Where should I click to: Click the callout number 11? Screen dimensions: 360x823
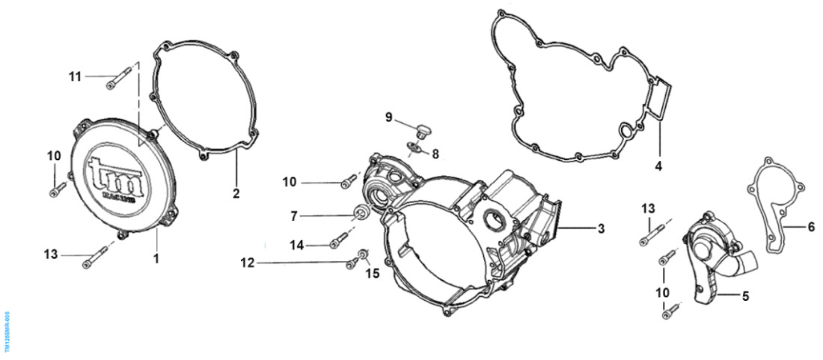point(74,76)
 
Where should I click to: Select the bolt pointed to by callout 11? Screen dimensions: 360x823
point(120,77)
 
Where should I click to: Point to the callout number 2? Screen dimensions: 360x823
point(236,194)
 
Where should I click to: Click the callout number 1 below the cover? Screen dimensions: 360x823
point(156,258)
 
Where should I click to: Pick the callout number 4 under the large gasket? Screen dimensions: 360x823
point(658,165)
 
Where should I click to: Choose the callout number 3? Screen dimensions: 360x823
point(601,228)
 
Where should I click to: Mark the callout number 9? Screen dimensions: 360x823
point(389,117)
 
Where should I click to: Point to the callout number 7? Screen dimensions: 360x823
point(294,216)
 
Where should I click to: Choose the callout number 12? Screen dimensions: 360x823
point(248,262)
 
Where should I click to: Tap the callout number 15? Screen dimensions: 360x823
point(372,274)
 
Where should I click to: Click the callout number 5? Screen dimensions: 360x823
point(745,296)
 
